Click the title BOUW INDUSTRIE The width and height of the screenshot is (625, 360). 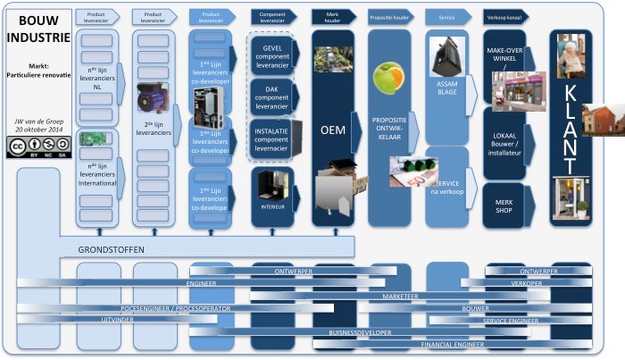coord(36,28)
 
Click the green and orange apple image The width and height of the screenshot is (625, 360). coord(390,78)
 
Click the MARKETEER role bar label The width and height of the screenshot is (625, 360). coord(401,295)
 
